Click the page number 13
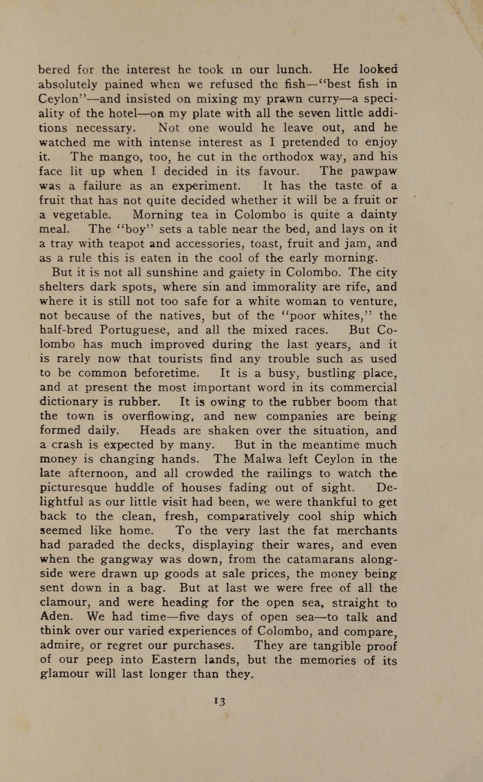[220, 701]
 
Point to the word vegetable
[82, 215]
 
